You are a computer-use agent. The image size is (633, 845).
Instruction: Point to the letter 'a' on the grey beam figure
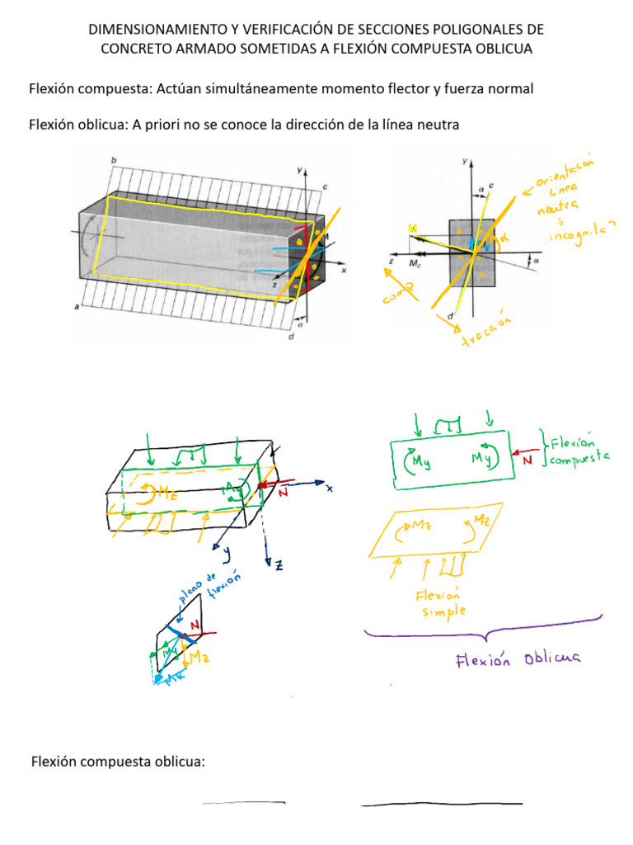pos(77,307)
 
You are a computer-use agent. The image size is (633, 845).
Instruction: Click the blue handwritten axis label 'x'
pos(328,489)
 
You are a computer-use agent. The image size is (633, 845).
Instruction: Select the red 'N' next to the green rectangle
pos(527,460)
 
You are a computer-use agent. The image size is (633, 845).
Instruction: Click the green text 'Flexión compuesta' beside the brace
pos(578,446)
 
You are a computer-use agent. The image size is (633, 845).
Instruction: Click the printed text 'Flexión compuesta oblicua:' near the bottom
pos(117,762)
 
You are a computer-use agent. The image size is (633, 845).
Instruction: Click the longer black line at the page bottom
pos(442,803)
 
